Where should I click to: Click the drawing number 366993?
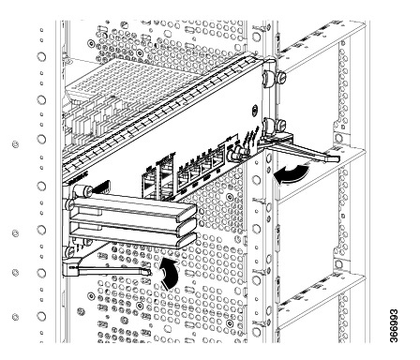(394, 325)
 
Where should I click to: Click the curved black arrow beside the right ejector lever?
(292, 174)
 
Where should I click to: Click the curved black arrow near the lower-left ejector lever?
(170, 273)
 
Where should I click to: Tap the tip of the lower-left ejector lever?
(148, 273)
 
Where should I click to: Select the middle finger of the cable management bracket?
(134, 223)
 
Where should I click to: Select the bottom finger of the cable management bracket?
(133, 238)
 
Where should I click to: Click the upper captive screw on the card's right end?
(271, 78)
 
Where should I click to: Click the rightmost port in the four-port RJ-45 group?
(217, 161)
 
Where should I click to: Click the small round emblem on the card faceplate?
(255, 111)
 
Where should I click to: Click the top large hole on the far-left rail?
(41, 57)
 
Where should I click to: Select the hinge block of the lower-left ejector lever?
(70, 269)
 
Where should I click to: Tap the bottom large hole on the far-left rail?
(41, 316)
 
